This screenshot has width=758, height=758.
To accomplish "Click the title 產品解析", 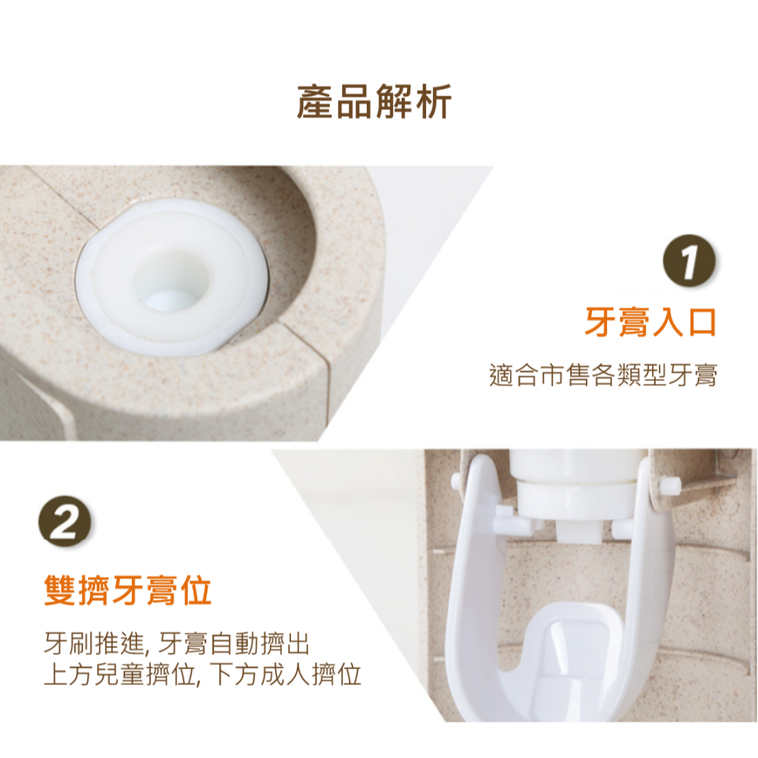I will pyautogui.click(x=374, y=102).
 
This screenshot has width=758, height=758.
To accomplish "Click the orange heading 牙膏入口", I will pyautogui.click(x=651, y=321).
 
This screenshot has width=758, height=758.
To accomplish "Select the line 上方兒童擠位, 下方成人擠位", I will pyautogui.click(x=202, y=674).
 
